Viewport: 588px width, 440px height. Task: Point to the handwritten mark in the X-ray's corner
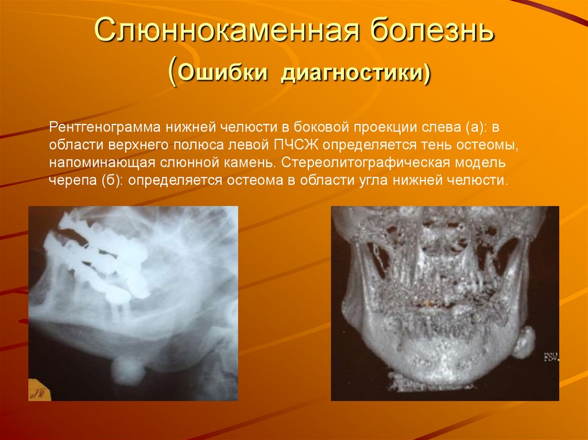[x=40, y=392]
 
